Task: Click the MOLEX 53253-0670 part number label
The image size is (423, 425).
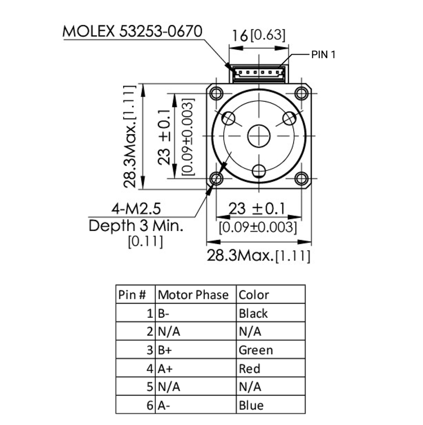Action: coord(132,31)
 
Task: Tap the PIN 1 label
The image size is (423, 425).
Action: coord(323,55)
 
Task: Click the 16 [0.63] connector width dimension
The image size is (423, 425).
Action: coord(258,36)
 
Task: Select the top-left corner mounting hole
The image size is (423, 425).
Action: coord(217,93)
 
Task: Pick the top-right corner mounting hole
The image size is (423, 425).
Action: coord(301,93)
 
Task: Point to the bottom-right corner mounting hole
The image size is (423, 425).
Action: coord(301,178)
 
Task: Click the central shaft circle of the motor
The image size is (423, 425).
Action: coord(259,136)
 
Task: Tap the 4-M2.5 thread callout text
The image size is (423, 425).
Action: coord(136,209)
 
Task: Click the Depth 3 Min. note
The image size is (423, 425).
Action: coord(136,225)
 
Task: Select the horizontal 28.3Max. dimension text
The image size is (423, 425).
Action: coord(258,255)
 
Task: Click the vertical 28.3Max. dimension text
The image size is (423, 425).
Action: coord(130,137)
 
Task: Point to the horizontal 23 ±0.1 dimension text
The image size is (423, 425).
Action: coord(257,209)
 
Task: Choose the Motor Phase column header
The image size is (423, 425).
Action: coord(193,295)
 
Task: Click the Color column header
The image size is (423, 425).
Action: coord(254,295)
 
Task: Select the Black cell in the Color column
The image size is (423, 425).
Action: coord(253,313)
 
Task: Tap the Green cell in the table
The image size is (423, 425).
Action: coord(256,350)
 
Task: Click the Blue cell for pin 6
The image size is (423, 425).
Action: coord(251,405)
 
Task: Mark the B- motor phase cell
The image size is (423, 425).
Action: coord(163,313)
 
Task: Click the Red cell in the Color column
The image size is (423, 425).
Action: coord(249,368)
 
